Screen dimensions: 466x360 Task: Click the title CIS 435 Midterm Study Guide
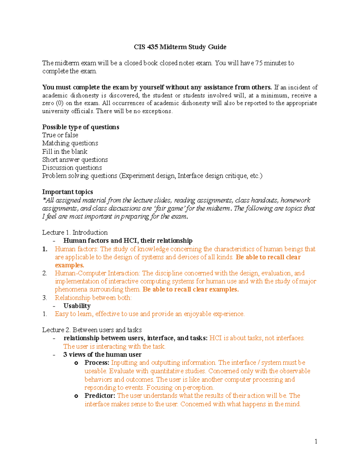click(x=180, y=47)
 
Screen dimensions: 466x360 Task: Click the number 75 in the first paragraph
click(x=259, y=63)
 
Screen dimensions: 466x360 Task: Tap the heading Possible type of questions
click(x=81, y=127)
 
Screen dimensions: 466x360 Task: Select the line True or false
click(x=60, y=135)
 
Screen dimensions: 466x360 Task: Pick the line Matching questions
click(x=70, y=143)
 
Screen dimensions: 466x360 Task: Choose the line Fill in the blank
click(x=65, y=152)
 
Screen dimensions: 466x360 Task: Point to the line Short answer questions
click(x=75, y=160)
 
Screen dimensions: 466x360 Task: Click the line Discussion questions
click(x=72, y=168)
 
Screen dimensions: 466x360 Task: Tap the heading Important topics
click(x=67, y=192)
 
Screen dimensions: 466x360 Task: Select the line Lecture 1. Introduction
click(x=75, y=233)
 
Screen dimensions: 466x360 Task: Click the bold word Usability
click(x=77, y=306)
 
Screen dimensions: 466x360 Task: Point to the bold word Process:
click(x=97, y=363)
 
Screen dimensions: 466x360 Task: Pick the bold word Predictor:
click(x=100, y=396)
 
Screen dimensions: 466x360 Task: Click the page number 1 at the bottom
click(x=316, y=441)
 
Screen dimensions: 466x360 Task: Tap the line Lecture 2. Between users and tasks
click(x=92, y=330)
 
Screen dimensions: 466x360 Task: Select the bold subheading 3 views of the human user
click(x=102, y=355)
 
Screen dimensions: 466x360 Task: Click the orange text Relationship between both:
click(x=93, y=298)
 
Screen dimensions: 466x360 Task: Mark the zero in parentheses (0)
click(x=60, y=103)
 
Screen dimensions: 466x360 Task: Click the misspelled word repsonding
click(x=100, y=388)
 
